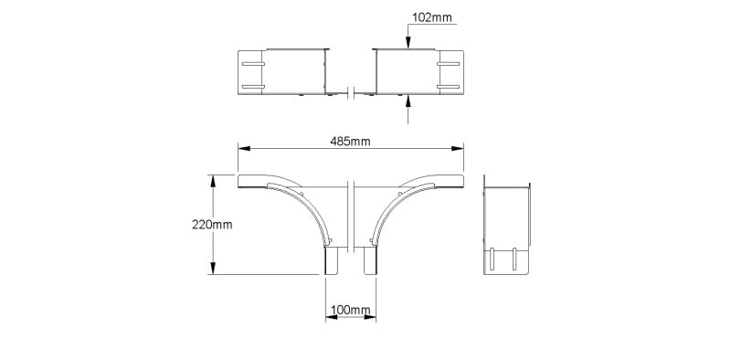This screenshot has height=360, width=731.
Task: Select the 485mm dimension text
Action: tap(350, 142)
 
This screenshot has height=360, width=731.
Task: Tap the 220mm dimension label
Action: tap(212, 224)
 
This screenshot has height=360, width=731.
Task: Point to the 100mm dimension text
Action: tap(351, 310)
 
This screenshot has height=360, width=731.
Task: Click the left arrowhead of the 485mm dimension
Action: tap(244, 148)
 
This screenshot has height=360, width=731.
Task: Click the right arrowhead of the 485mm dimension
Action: tap(458, 148)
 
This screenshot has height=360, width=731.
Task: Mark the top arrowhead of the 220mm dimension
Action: tap(213, 181)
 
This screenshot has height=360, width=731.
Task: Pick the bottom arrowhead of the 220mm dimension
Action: tap(213, 268)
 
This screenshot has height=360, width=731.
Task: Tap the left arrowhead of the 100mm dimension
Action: tap(332, 317)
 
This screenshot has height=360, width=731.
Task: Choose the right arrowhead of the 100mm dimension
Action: tap(370, 317)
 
